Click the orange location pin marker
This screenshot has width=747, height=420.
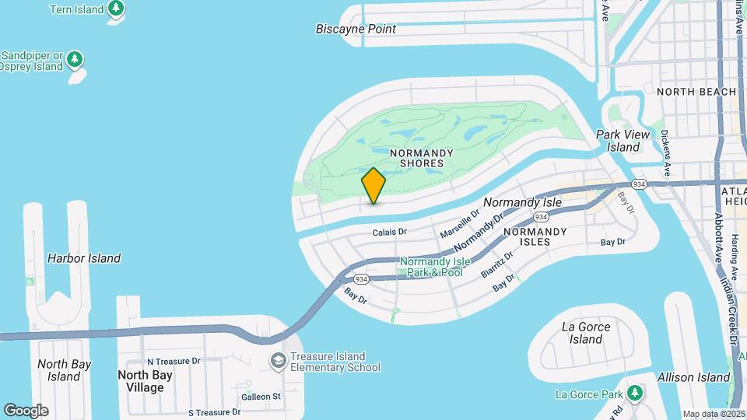(x=373, y=186)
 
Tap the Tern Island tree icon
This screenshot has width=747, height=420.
(x=116, y=9)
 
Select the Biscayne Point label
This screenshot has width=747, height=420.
(x=356, y=30)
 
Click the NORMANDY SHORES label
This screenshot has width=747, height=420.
(x=416, y=158)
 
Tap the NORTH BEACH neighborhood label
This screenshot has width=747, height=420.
(x=696, y=92)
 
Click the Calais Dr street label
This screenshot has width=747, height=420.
(x=389, y=232)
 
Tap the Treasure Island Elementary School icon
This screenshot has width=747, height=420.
(x=278, y=361)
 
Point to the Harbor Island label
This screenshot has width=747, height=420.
(x=84, y=258)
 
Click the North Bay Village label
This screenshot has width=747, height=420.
(x=146, y=381)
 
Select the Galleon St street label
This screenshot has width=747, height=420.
(x=261, y=397)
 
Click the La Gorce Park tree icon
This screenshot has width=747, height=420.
(x=636, y=392)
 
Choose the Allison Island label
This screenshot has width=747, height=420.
(x=694, y=378)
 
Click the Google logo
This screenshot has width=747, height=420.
(x=26, y=411)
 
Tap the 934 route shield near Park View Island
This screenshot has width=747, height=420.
(x=639, y=184)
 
